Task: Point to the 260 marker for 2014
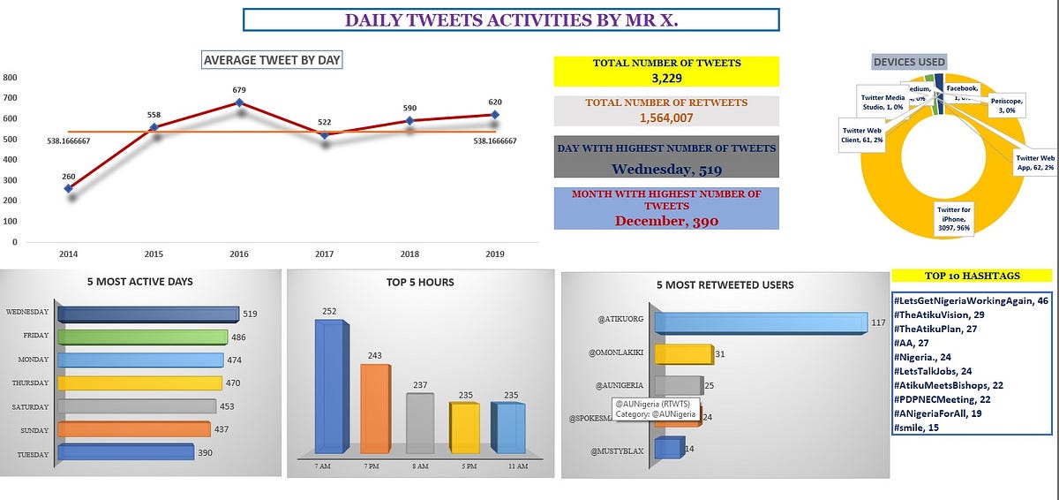[x=69, y=188]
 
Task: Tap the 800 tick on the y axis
[x=11, y=77]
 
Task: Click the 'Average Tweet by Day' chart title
[x=272, y=60]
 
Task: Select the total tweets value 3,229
[x=666, y=79]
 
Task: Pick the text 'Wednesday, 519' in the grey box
[x=666, y=170]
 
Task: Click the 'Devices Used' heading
[x=909, y=62]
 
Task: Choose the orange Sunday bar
[x=133, y=429]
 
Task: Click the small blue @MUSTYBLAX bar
[x=668, y=448]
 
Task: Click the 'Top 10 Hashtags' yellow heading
[x=972, y=276]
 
